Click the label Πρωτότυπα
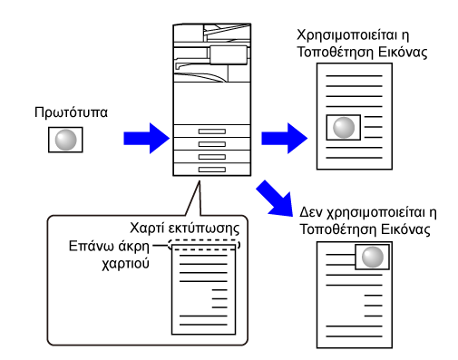point(71,112)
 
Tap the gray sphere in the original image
point(65,140)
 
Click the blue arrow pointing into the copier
point(147,138)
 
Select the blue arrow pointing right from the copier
point(285,138)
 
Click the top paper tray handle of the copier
point(212,131)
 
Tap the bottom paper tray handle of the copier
point(212,170)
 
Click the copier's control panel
point(229,55)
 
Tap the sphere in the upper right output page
point(344,128)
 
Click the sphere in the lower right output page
point(373,257)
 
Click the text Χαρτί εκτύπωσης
point(185,229)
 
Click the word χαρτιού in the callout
point(125,264)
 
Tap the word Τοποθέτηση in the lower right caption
point(337,229)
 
